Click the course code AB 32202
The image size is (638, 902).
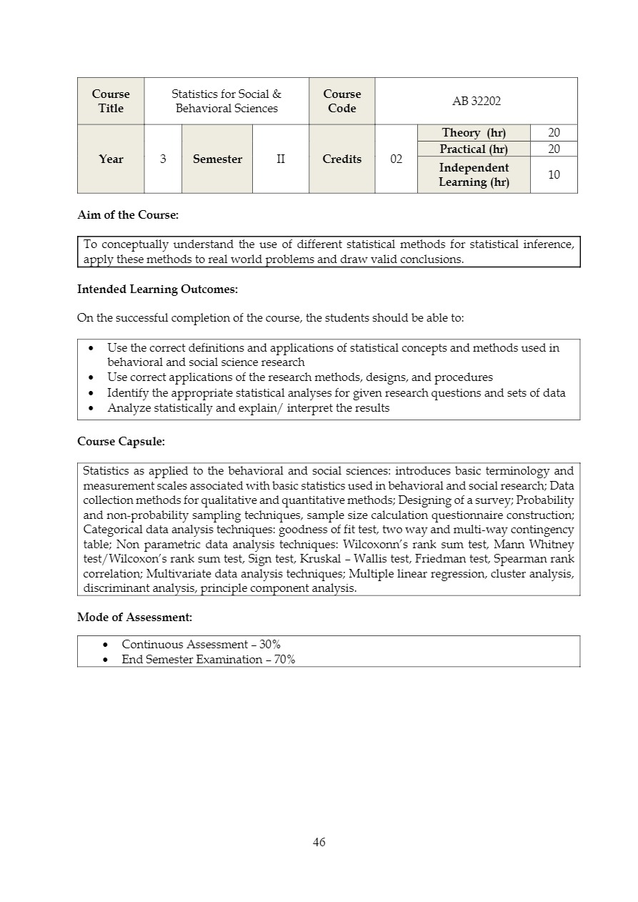click(x=477, y=101)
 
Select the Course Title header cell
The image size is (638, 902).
click(x=111, y=101)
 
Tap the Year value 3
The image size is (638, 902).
click(x=163, y=159)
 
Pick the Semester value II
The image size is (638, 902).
click(x=281, y=159)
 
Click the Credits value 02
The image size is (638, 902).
click(x=396, y=159)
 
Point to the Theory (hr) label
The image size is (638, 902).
click(x=474, y=133)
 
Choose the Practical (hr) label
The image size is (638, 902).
click(x=474, y=149)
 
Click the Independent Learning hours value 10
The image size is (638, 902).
click(x=554, y=174)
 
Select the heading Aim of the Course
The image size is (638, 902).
click(x=128, y=215)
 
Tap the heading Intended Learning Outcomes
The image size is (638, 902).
click(x=157, y=289)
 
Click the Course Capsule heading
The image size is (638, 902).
click(x=121, y=442)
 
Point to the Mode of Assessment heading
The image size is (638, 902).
click(x=134, y=617)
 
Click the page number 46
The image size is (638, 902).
click(x=319, y=842)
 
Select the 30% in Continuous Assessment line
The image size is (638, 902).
click(x=270, y=644)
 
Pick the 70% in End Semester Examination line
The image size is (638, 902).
click(x=284, y=659)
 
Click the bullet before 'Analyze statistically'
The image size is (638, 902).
click(x=91, y=408)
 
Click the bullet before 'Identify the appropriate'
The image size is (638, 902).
click(x=91, y=393)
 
